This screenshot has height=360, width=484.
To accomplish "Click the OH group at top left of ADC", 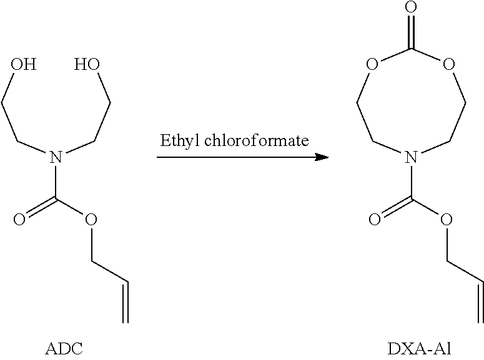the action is (24, 64).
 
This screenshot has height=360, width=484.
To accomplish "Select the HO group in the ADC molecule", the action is (86, 64).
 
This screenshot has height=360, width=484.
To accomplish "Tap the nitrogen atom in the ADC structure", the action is (55, 158).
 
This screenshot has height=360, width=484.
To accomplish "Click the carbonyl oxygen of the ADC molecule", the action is (19, 220).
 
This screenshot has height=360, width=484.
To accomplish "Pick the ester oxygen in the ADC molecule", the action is (91, 220).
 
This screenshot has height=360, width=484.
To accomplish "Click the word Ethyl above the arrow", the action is (177, 140).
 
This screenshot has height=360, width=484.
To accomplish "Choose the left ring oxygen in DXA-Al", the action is (373, 64).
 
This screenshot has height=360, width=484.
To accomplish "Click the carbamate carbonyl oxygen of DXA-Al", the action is (375, 220).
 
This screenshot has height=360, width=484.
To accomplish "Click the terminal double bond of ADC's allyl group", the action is (126, 302).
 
